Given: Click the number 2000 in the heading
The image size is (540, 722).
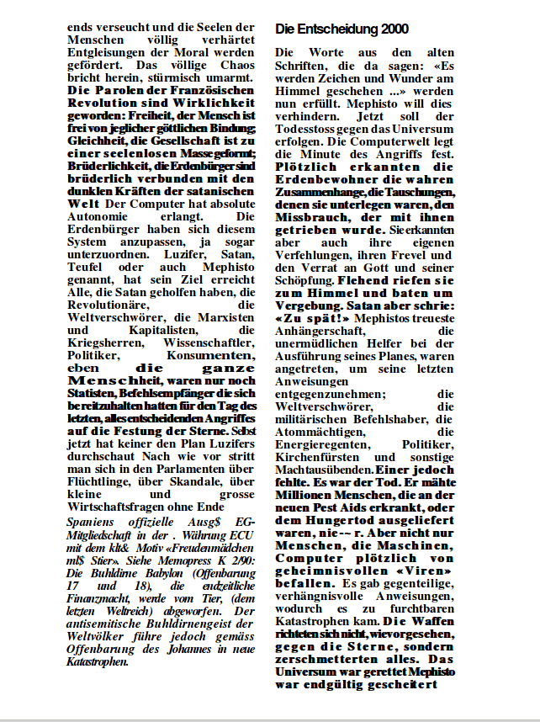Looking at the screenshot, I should pyautogui.click(x=394, y=29).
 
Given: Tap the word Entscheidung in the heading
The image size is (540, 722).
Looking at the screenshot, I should pyautogui.click(x=336, y=29).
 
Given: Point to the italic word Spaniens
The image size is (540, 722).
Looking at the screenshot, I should pyautogui.click(x=91, y=523).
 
